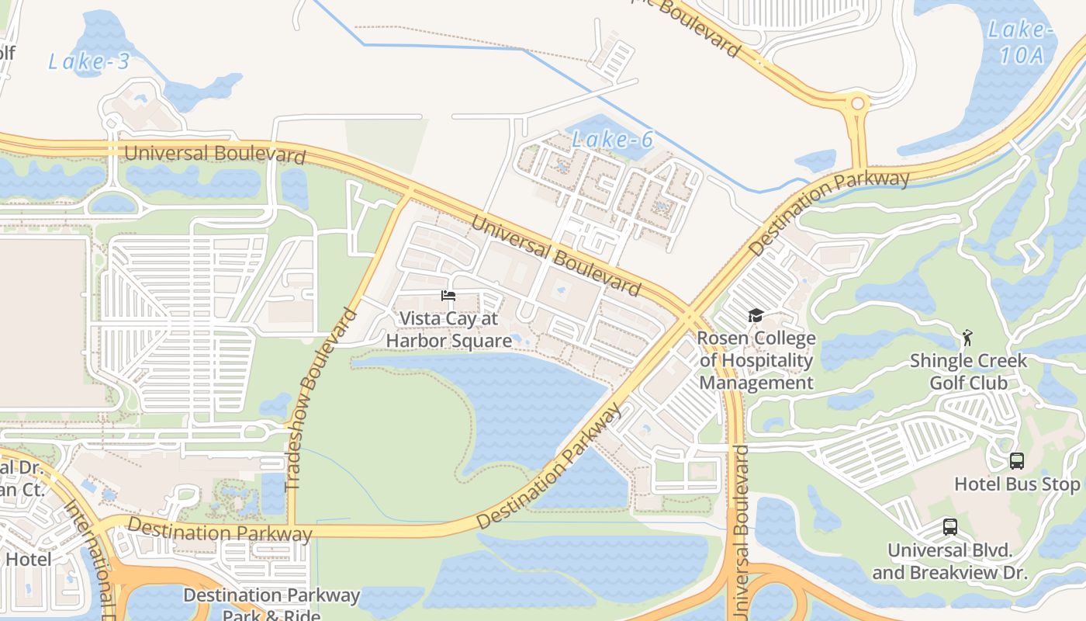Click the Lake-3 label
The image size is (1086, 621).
89,61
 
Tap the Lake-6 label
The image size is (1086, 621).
613,140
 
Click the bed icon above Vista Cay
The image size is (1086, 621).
448,296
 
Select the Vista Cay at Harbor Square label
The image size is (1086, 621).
448,330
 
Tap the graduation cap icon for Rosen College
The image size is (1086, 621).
756,315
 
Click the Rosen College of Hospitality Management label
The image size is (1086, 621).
756,360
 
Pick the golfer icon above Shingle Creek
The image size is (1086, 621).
967,338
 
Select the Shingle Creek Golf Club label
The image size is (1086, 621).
968,372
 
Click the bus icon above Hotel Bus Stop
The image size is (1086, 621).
1016,461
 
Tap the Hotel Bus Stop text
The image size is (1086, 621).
1016,484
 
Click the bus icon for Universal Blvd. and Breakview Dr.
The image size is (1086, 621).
949,527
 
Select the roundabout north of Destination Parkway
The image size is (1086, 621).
857,103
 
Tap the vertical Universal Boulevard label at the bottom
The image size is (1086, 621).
742,532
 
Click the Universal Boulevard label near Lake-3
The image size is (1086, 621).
215,153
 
